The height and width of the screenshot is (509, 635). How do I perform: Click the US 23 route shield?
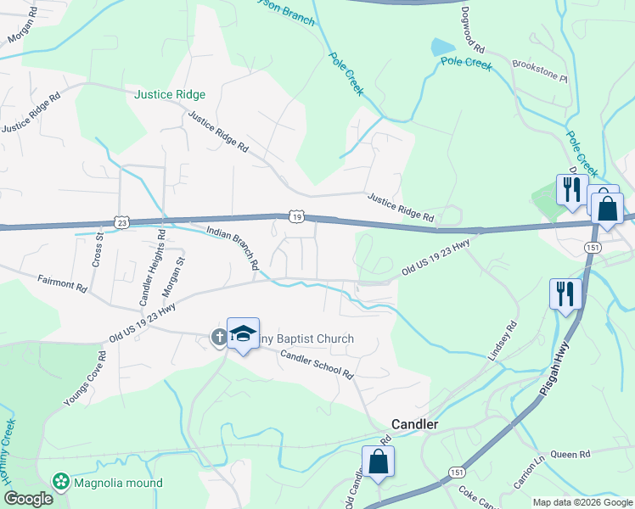point(123,222)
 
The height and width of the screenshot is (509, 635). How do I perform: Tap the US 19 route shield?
point(295,217)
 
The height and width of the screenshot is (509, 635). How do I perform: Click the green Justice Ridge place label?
point(170,95)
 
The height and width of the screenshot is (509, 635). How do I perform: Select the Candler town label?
point(413,423)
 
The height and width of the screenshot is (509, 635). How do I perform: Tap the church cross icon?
point(218,338)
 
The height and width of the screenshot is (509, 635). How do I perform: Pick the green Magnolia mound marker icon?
point(60,483)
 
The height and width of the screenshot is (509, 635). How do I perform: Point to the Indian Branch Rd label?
point(233,247)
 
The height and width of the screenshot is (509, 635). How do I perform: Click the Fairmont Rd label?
point(62,283)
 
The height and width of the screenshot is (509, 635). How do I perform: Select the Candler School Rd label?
point(316,366)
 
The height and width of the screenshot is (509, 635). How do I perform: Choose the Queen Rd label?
point(570,455)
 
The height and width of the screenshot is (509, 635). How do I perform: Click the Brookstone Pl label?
point(539,70)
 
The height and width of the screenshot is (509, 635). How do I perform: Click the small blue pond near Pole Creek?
point(442,48)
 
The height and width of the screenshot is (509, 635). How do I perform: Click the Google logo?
point(27,499)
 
